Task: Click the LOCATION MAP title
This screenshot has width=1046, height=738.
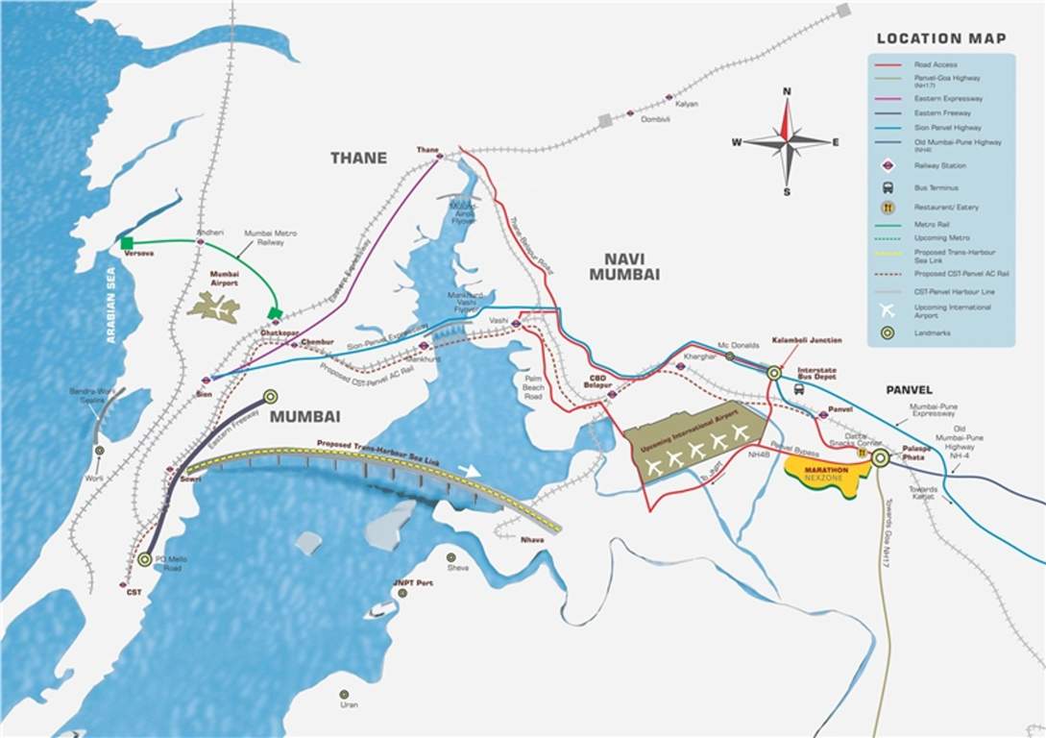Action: (940, 38)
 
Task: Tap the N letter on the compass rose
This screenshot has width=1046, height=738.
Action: (787, 91)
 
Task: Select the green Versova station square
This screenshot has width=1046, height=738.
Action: (127, 242)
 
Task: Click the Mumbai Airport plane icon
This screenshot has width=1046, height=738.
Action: (217, 307)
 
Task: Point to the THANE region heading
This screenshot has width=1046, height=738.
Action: (358, 159)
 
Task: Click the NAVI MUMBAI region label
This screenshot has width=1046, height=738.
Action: (631, 266)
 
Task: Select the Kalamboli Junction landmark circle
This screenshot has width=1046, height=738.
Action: (774, 372)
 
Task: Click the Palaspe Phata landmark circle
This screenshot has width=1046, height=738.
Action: (881, 458)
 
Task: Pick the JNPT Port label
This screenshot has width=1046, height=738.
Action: (414, 583)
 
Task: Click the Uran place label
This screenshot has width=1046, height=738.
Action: (350, 705)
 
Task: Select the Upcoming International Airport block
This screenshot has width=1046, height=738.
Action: (694, 441)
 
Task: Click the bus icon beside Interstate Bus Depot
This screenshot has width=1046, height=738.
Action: (799, 389)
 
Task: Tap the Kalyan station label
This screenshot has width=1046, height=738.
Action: (687, 104)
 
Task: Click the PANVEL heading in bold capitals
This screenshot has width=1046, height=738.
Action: (910, 390)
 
